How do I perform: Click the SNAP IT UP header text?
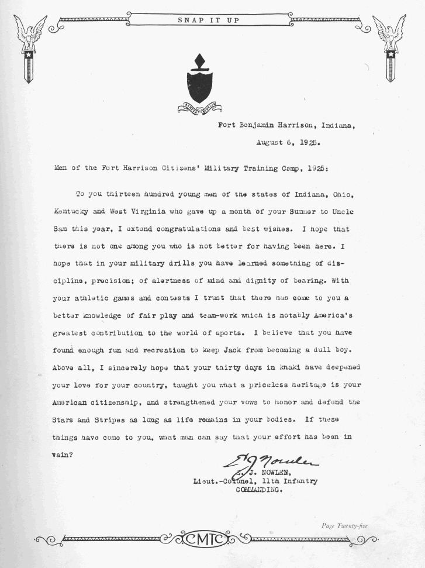208,20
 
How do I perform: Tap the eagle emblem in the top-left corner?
29,47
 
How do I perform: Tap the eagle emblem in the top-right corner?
390,47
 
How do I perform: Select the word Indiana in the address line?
336,125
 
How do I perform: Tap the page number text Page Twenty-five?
344,525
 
